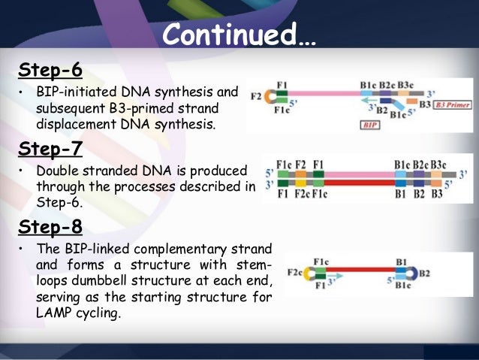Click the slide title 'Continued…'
click(x=240, y=34)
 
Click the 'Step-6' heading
click(x=50, y=71)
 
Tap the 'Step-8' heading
click(x=50, y=225)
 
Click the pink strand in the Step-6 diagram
click(x=323, y=96)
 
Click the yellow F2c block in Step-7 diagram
click(x=300, y=182)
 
